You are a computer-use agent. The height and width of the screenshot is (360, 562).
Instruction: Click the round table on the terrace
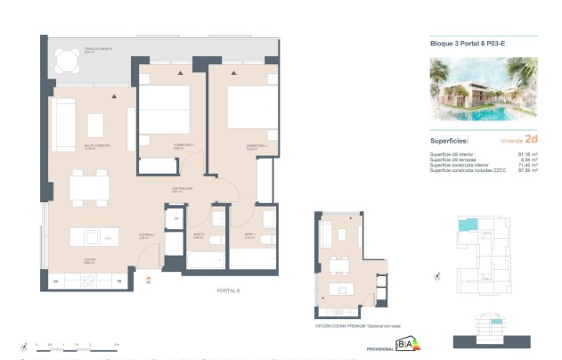click(67, 61)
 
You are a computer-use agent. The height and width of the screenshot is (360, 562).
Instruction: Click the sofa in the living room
click(61, 124)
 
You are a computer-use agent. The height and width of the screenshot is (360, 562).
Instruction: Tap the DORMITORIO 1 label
click(257, 145)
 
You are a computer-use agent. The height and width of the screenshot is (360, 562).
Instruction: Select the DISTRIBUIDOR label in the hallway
click(183, 189)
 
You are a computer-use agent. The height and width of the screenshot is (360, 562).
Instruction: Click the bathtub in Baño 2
click(206, 261)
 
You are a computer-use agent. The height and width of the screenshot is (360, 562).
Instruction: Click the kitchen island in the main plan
click(95, 238)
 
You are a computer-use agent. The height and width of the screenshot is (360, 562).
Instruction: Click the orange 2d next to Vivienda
click(531, 138)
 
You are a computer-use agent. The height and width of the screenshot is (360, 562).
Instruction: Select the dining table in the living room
click(90, 187)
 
